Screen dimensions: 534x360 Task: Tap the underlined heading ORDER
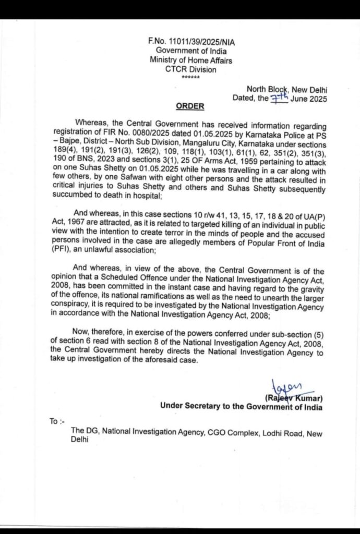pos(190,106)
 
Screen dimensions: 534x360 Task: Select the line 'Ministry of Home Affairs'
pos(190,60)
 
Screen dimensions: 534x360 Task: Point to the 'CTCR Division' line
pos(190,69)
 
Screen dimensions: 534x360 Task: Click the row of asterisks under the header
pos(190,77)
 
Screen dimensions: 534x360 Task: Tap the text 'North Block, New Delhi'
pos(287,89)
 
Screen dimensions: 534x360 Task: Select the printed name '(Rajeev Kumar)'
pos(294,398)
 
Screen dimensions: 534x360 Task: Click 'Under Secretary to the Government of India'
pos(241,407)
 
